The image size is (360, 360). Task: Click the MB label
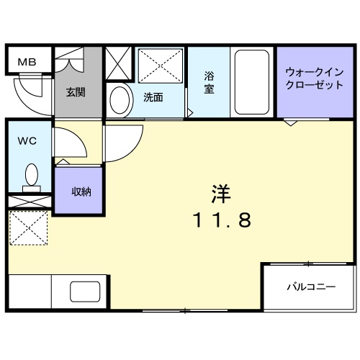pos(27,62)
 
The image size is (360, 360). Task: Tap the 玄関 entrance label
pos(76,92)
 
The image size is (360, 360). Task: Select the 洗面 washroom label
pos(153,97)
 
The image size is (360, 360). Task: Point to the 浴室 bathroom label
pos(209,82)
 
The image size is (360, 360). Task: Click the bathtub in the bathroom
pos(251,82)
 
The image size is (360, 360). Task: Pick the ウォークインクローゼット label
pos(315,78)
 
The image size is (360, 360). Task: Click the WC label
pos(27,141)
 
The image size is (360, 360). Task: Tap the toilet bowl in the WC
pos(32,175)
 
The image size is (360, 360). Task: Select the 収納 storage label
pos(81,192)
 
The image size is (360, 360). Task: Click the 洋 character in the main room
pos(221,194)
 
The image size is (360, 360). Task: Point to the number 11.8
pos(222,220)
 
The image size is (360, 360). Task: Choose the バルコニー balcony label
pos(311,287)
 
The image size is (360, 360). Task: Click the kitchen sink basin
pos(85,292)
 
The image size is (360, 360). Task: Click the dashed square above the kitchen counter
pos(29,228)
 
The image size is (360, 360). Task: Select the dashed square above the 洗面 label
pos(161,66)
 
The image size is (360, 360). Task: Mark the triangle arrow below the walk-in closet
pos(290,123)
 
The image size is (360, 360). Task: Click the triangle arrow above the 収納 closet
pos(63,162)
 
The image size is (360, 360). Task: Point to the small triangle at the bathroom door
pos(190,113)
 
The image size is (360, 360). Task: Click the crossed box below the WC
pos(30,202)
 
